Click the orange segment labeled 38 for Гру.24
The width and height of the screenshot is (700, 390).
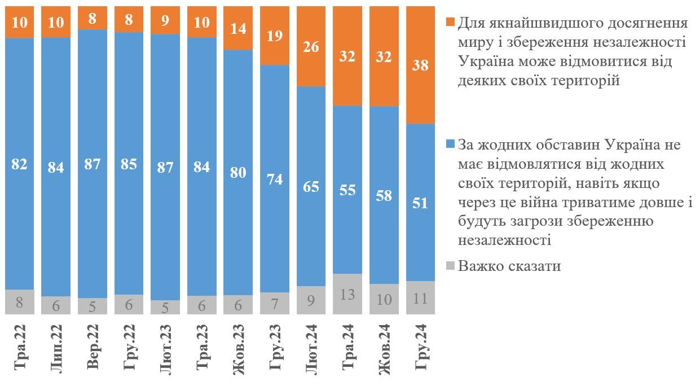[420, 65]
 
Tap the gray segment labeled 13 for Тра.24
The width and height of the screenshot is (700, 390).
[347, 293]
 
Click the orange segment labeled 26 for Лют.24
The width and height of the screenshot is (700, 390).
[311, 46]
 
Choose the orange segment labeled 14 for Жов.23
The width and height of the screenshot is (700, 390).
[238, 28]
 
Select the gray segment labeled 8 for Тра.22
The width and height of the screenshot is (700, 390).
[19, 302]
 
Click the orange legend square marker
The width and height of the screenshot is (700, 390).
[450, 22]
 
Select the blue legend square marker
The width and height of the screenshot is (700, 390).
[450, 145]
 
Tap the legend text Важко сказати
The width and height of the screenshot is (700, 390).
[509, 266]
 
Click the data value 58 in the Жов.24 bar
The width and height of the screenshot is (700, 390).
[384, 195]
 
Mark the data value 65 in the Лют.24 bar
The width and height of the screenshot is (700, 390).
[311, 186]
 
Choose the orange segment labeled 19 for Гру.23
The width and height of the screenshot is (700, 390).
[275, 36]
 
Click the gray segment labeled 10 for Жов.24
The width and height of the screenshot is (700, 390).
[384, 299]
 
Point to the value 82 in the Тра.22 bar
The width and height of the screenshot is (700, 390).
[19, 164]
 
